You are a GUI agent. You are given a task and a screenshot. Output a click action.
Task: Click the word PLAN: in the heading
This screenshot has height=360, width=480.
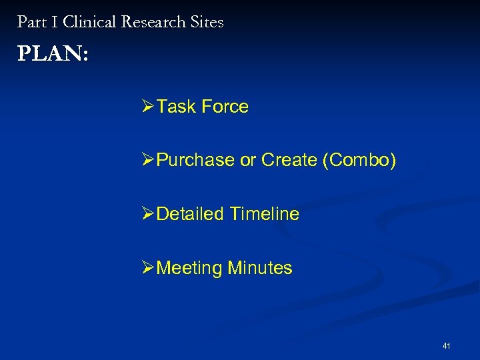[53, 54]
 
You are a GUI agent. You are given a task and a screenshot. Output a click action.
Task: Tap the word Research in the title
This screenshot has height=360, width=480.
[153, 22]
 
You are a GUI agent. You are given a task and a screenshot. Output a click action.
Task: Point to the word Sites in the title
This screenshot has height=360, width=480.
[207, 22]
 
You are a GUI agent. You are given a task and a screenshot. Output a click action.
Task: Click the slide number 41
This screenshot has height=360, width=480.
[446, 346]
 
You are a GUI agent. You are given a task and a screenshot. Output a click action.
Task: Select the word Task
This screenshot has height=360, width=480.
[174, 107]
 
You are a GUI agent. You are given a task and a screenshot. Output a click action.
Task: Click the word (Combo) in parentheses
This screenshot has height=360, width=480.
[359, 161]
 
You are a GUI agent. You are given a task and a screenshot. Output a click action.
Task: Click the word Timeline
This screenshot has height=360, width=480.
[264, 214]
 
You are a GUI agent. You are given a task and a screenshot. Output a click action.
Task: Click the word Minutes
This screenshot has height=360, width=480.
[260, 268]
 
